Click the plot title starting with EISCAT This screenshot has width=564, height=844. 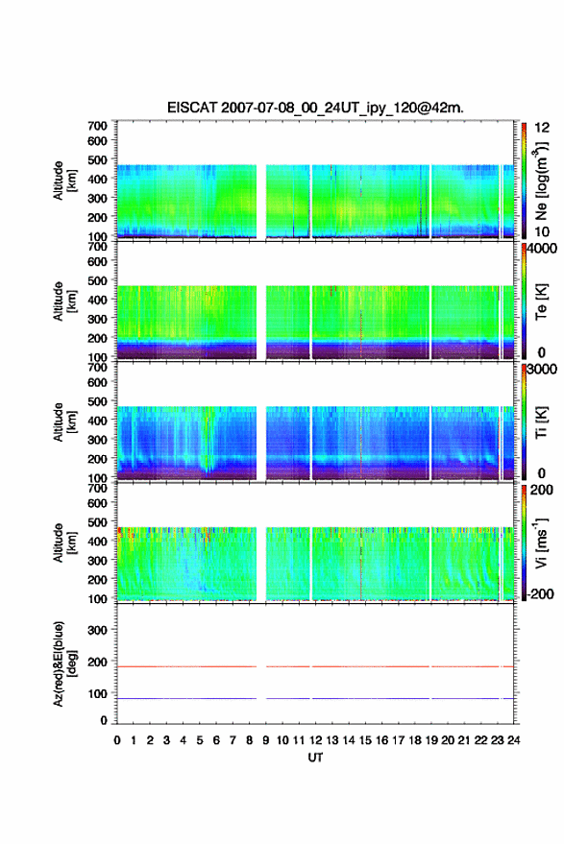pos(315,108)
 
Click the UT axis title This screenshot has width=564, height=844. pos(315,758)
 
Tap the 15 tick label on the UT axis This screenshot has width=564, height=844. pos(365,740)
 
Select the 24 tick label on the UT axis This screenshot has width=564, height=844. pos(513,740)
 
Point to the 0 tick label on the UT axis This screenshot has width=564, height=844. pos(117,740)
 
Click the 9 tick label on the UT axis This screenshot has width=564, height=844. pos(265,740)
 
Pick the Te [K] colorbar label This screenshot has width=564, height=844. pos(541,301)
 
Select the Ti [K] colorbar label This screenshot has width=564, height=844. pos(541,422)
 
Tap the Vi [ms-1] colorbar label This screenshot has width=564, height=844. pos(541,543)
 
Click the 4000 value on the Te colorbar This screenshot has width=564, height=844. pos(542,249)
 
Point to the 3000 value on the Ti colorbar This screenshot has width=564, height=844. pos(542,370)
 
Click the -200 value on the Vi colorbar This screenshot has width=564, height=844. pos(541,593)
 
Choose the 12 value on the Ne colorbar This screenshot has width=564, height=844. pos(542,128)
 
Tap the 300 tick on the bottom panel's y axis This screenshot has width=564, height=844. pos(97,630)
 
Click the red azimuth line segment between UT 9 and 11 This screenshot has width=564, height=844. pos(288,666)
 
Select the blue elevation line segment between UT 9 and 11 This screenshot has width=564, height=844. pos(288,698)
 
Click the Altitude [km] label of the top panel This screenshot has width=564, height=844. pos(64,181)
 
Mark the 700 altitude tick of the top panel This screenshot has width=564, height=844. pos(97,126)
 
